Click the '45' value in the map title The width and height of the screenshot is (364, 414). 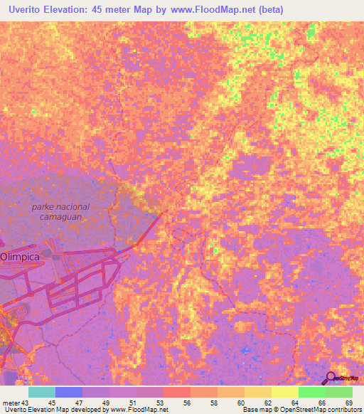(110, 9)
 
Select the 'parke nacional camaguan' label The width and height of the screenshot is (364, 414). (61, 211)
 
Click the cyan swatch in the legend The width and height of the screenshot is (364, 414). (42, 392)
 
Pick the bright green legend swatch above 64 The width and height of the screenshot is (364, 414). (311, 392)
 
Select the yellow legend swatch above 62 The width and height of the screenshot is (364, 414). (284, 392)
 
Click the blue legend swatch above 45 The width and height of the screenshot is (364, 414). (69, 392)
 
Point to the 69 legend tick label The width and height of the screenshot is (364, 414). (348, 403)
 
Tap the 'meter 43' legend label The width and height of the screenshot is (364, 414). (15, 403)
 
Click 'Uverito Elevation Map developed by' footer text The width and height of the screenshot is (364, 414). (54, 410)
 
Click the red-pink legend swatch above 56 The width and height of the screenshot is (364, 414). (176, 392)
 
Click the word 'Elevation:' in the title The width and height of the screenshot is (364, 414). (71, 9)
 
